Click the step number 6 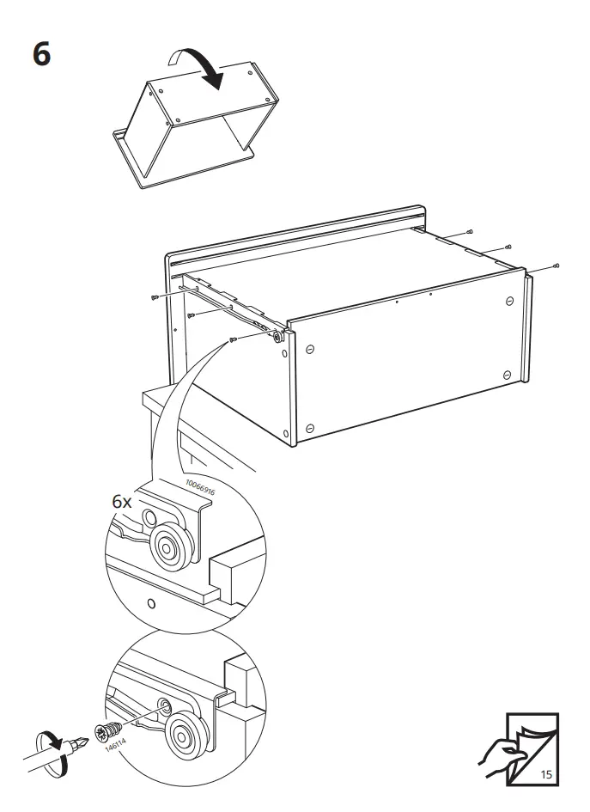tap(42, 52)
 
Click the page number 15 tap(547, 775)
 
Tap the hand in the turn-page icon tap(498, 756)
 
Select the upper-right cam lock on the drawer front tap(508, 301)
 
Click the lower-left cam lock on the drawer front tap(309, 426)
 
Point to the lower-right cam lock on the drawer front tap(508, 374)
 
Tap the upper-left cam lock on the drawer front tap(310, 350)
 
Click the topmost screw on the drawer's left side tap(155, 296)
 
